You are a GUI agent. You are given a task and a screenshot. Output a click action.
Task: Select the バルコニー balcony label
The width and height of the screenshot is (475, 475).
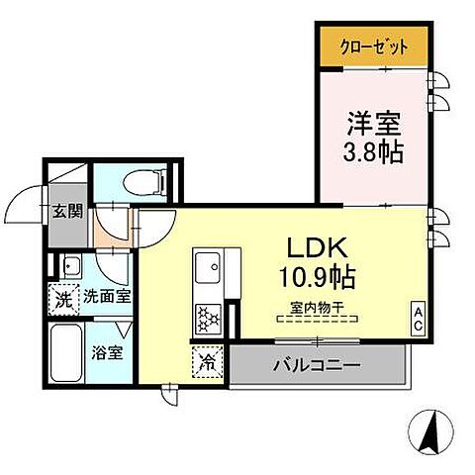(317, 365)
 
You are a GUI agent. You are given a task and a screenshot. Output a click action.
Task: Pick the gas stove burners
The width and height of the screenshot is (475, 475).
(209, 318)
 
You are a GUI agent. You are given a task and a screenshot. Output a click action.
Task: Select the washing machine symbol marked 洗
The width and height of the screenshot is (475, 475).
(63, 296)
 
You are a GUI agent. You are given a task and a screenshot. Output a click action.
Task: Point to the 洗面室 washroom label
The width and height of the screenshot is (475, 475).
(107, 296)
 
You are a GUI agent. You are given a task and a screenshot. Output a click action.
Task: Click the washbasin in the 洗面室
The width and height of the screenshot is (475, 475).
(69, 266)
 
